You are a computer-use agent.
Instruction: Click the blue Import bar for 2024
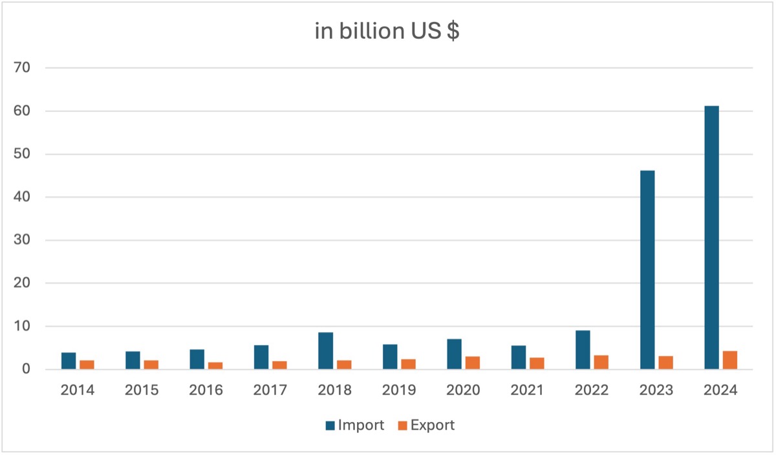pos(711,238)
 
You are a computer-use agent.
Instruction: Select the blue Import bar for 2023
pos(647,270)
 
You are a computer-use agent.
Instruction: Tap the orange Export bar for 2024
pos(730,361)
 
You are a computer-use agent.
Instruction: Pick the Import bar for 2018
pos(325,351)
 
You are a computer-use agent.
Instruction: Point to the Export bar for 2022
pos(601,362)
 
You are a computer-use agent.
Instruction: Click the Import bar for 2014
pos(69,361)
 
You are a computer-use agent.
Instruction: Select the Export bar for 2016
pos(215,366)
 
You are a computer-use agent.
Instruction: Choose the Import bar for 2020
pos(454,354)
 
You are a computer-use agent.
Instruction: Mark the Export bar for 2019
pos(408,364)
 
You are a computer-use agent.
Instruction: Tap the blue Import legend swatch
pos(330,425)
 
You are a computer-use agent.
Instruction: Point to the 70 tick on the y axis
pos(32,68)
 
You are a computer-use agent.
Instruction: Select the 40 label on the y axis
pos(32,197)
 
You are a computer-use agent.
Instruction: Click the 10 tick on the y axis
pos(32,326)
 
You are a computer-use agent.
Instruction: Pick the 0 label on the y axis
pos(36,370)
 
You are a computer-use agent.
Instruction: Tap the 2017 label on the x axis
pos(270,391)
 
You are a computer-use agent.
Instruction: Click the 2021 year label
pos(528,391)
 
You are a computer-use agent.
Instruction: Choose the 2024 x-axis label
pos(721,391)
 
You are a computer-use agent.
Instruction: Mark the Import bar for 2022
pos(583,350)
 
